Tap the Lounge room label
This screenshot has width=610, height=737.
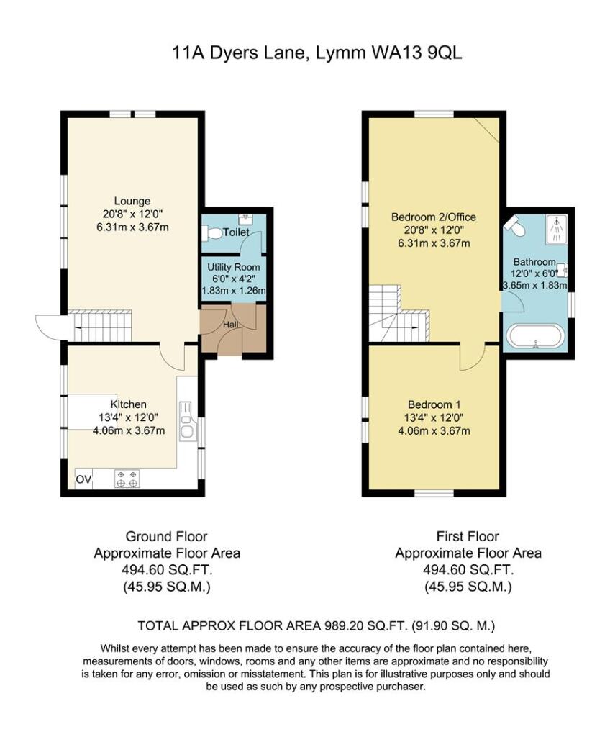click(x=131, y=201)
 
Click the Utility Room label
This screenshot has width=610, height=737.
click(x=234, y=267)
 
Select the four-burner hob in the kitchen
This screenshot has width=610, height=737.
click(x=126, y=479)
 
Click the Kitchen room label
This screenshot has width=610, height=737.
click(x=128, y=404)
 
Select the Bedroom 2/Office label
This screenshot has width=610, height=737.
click(x=433, y=217)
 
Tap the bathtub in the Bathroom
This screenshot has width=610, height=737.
click(x=536, y=335)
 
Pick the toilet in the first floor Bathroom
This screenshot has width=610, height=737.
click(x=515, y=226)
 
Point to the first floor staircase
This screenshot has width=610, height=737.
click(x=399, y=313)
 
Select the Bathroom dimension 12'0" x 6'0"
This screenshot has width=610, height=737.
click(x=534, y=274)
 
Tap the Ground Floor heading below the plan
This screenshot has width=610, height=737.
click(x=166, y=536)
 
